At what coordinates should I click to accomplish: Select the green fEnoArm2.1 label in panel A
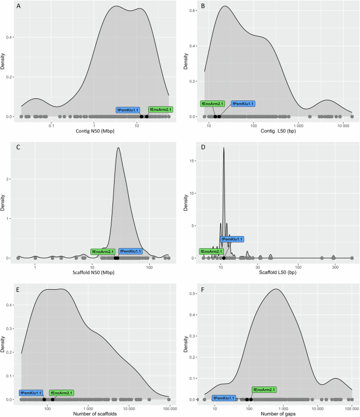point(161,109)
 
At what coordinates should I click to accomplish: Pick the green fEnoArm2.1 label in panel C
point(103,251)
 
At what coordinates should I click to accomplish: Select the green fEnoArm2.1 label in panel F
point(264,390)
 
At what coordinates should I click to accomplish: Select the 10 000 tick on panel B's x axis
point(344,126)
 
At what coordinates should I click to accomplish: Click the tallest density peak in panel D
point(224,148)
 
